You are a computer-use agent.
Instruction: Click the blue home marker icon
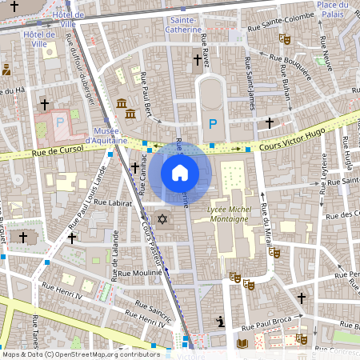180,173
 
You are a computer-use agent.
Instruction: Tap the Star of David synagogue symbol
162,219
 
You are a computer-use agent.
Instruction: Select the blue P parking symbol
212,124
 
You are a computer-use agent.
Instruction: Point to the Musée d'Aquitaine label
111,136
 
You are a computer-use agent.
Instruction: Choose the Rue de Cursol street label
58,150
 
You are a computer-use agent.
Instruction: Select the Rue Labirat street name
112,203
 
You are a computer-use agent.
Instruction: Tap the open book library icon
242,343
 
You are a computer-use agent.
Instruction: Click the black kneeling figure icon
220,322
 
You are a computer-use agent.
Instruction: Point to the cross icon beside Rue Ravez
198,60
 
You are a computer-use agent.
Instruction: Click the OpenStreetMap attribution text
80,354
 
